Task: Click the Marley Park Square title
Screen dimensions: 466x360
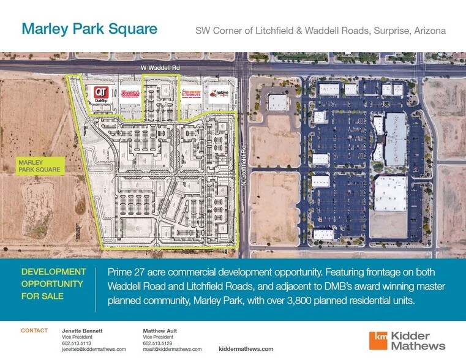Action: [89, 29]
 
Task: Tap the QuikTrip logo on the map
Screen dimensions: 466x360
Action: [100, 94]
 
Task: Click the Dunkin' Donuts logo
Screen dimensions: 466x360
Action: [192, 94]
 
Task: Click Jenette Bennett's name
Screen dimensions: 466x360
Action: [83, 331]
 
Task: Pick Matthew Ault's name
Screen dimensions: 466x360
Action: [160, 331]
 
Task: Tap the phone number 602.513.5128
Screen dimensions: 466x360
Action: [157, 343]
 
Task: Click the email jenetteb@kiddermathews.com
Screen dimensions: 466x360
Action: [94, 349]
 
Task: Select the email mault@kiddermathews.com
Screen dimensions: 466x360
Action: [171, 349]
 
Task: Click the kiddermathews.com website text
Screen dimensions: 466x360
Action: [246, 348]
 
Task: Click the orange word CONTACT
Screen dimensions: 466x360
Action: [34, 331]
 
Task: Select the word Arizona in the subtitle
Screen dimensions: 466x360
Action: [429, 30]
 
